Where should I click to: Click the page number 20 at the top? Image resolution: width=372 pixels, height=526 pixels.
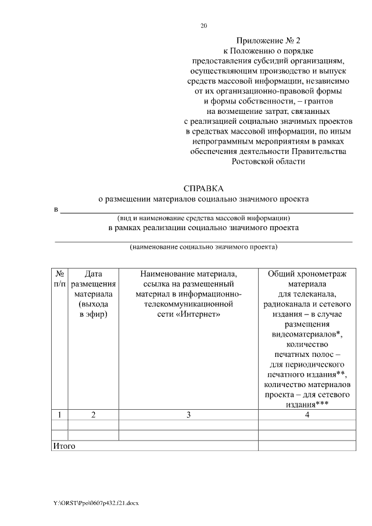203,26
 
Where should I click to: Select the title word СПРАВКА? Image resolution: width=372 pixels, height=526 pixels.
203,188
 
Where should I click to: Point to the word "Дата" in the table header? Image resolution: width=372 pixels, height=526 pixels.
93,273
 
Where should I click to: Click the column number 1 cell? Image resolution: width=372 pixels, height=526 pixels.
59,415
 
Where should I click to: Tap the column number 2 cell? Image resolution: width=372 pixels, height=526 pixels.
93,415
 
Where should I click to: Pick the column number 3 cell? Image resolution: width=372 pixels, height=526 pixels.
188,415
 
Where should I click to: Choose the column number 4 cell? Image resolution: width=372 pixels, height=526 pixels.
307,415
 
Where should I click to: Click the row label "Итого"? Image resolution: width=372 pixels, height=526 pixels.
64,446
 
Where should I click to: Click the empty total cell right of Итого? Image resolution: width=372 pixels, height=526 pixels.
307,446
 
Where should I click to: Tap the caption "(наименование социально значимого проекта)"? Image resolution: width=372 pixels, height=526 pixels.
203,246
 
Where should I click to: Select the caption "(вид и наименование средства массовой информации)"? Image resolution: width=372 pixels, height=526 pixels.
203,218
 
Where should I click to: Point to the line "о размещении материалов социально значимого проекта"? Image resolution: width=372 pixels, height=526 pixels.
203,199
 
